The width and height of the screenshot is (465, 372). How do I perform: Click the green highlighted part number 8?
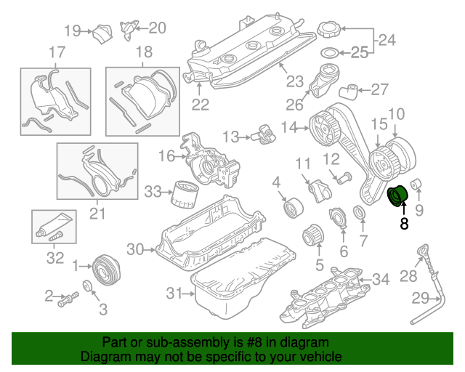(398, 197)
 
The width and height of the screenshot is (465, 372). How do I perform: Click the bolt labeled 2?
(70, 297)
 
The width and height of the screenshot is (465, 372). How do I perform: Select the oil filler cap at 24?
(328, 31)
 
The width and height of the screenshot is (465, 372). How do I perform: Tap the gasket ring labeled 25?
(328, 52)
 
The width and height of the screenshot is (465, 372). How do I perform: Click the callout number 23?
(294, 81)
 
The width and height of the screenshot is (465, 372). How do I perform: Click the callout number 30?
(136, 249)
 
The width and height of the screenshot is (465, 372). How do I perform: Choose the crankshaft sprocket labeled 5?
(312, 237)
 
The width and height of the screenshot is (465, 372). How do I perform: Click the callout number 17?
(56, 52)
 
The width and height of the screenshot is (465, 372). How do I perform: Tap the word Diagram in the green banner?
(101, 357)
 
